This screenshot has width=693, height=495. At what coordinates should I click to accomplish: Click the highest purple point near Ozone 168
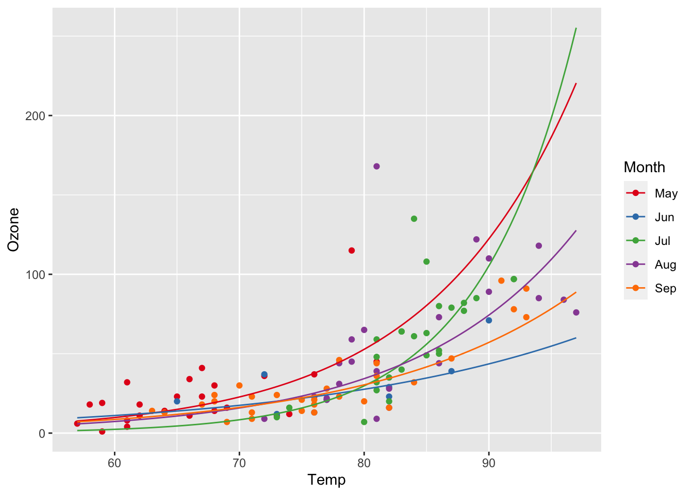coord(376,166)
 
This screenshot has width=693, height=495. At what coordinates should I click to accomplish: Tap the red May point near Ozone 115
coord(352,251)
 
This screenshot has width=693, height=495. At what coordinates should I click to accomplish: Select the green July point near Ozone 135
coord(414,219)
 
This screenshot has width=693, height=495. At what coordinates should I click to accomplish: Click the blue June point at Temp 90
coord(489,320)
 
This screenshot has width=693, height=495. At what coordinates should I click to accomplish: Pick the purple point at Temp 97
coord(576,312)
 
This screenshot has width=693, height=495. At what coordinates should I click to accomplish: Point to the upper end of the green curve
coord(575,28)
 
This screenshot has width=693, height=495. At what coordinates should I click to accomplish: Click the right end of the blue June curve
coord(575,338)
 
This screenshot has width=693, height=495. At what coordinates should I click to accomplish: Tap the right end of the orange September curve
coord(575,292)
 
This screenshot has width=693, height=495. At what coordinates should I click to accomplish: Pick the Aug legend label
coord(665,265)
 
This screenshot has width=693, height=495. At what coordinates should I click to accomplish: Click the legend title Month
coord(644,167)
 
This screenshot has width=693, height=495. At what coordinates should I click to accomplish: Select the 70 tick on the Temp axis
coord(239,463)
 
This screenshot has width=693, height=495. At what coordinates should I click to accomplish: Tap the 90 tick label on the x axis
coord(489,463)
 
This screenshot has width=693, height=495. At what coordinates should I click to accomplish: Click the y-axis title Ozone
coord(13,229)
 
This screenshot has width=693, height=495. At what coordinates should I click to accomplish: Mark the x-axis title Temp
coord(326,480)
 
